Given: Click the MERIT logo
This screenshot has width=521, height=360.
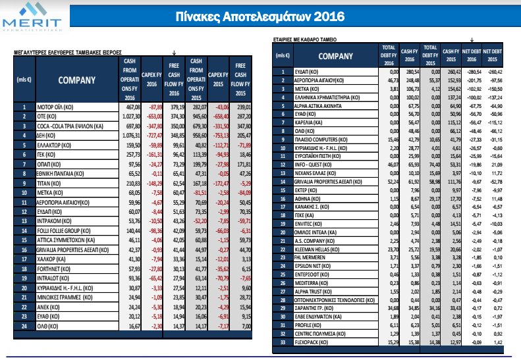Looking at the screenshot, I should [29, 17].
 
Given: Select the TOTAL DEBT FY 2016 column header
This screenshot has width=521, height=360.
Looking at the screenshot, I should [387, 56].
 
